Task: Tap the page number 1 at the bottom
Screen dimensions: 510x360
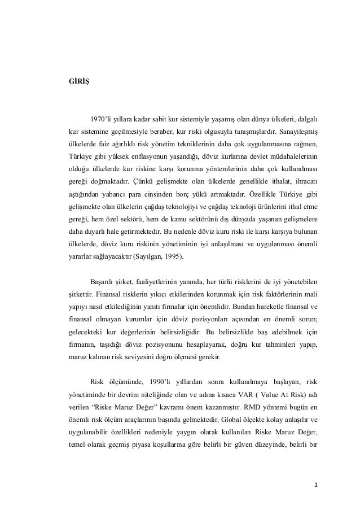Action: pyautogui.click(x=316, y=485)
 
